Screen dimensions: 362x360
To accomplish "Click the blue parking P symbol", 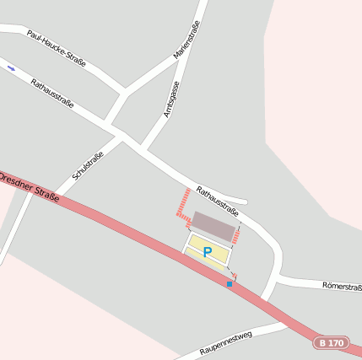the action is click(208, 251).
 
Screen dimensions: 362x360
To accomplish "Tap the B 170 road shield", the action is click(331, 343).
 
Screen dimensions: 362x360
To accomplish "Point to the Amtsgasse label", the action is click(172, 99).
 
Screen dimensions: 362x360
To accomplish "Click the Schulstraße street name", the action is click(88, 165).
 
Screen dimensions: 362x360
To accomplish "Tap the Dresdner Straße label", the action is click(30, 187).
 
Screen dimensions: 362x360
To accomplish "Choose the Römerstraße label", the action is click(342, 287).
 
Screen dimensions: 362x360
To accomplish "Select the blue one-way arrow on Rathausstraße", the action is click(11, 67).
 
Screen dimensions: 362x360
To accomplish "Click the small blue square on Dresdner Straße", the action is click(229, 284).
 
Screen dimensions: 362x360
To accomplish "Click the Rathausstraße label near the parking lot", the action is click(215, 201).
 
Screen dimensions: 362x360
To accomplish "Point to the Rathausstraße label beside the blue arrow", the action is click(52, 94).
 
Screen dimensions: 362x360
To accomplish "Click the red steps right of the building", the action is click(236, 235).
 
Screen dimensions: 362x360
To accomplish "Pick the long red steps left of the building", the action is click(182, 206).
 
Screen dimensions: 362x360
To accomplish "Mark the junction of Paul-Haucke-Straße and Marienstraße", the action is click(127, 89).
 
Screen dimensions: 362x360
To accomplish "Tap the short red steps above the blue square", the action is click(235, 276).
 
